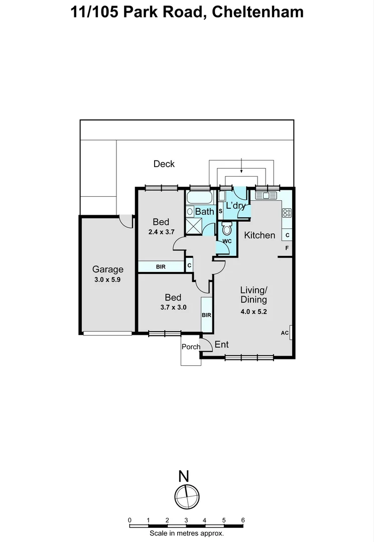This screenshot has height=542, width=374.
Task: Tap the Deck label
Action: point(164,164)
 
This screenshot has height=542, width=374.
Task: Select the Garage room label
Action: point(107,269)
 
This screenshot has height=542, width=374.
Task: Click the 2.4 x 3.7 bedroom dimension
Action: point(161,232)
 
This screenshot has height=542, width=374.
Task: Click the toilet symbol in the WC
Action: point(226,230)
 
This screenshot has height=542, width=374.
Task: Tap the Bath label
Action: point(204,211)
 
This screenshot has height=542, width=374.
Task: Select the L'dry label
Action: point(235,205)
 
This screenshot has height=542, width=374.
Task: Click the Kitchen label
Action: point(260,235)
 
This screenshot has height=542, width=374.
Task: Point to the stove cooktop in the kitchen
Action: point(287,213)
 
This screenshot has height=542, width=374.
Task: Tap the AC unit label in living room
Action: point(284,333)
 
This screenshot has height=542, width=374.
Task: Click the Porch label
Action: point(191,346)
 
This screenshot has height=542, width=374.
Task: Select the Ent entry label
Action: point(221,344)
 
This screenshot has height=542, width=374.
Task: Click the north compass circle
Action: point(187,496)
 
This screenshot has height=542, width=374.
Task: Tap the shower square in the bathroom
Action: point(193,226)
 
